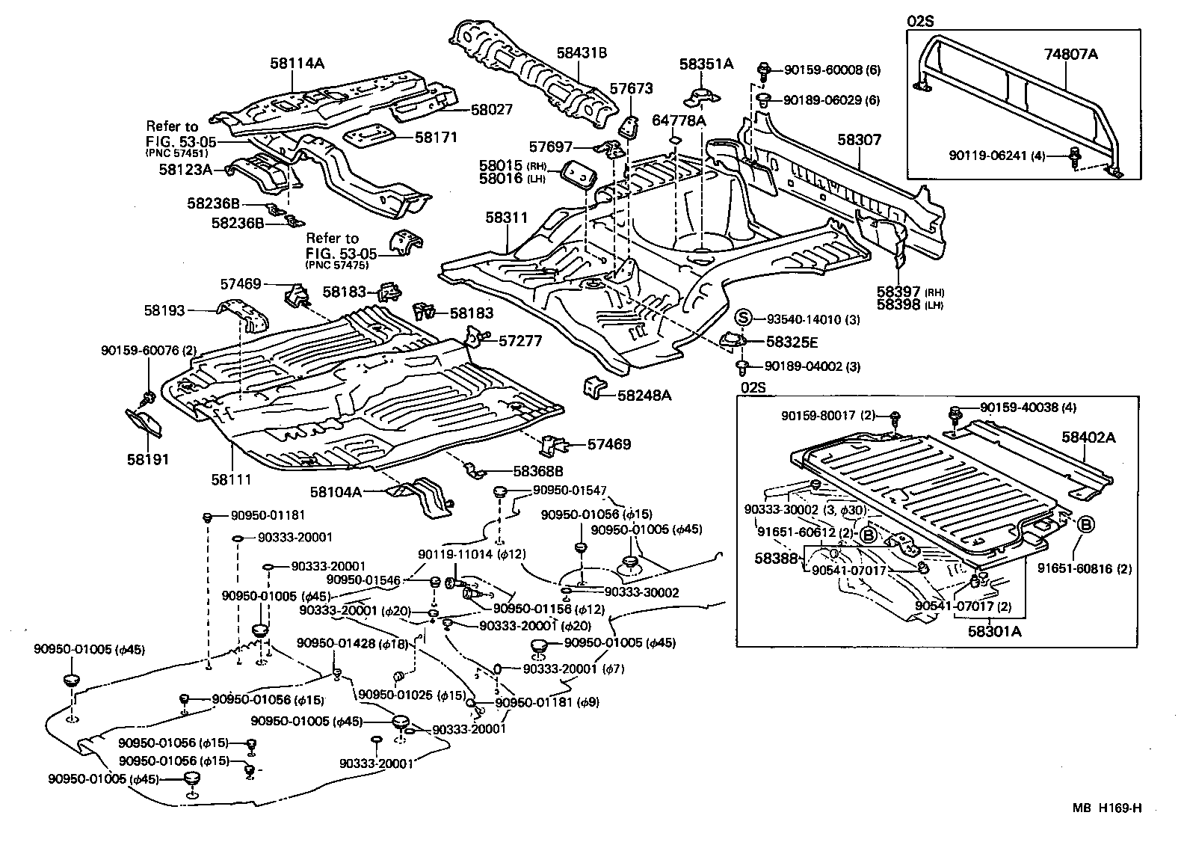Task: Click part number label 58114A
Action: point(297,64)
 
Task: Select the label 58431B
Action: point(581,52)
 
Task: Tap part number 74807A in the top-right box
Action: point(1071,53)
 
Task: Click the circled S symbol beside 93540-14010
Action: point(744,318)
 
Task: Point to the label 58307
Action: point(859,139)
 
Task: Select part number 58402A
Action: point(1088,437)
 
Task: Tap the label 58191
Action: point(147,459)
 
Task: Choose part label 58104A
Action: point(336,491)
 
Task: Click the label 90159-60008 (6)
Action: point(832,70)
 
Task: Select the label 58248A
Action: point(644,395)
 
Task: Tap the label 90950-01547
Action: point(571,490)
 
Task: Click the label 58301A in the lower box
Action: point(994,630)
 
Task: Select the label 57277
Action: point(520,341)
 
